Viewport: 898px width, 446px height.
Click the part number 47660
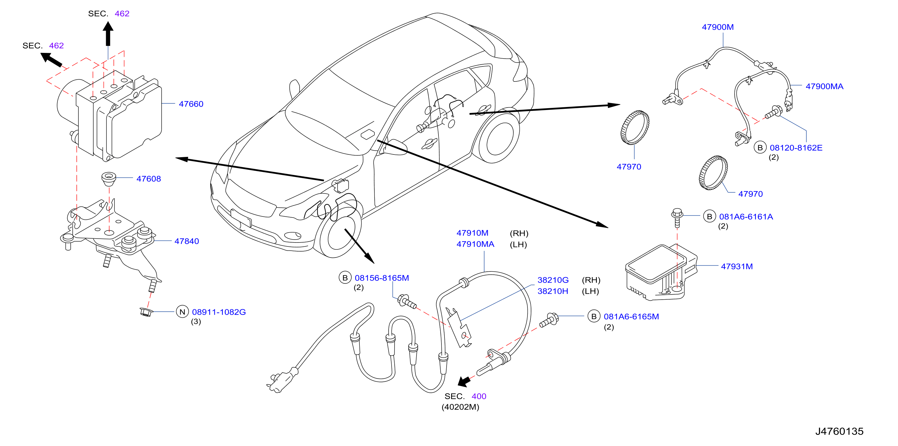191,104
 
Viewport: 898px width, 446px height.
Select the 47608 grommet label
148,179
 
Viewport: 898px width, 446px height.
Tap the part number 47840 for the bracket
187,241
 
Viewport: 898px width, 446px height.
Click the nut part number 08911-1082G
219,312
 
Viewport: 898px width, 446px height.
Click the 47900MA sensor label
824,87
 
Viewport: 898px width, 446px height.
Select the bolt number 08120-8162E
796,148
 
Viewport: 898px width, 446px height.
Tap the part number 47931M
737,266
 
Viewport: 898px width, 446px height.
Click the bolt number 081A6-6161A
746,217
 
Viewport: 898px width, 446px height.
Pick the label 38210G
553,280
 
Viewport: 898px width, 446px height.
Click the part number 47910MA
475,244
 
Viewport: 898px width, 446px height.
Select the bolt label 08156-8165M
382,278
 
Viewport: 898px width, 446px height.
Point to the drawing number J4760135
839,431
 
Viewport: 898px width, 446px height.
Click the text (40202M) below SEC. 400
460,407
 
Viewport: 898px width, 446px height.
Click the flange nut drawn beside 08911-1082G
146,311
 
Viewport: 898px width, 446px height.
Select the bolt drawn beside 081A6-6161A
677,218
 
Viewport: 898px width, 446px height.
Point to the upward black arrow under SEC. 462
108,34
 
